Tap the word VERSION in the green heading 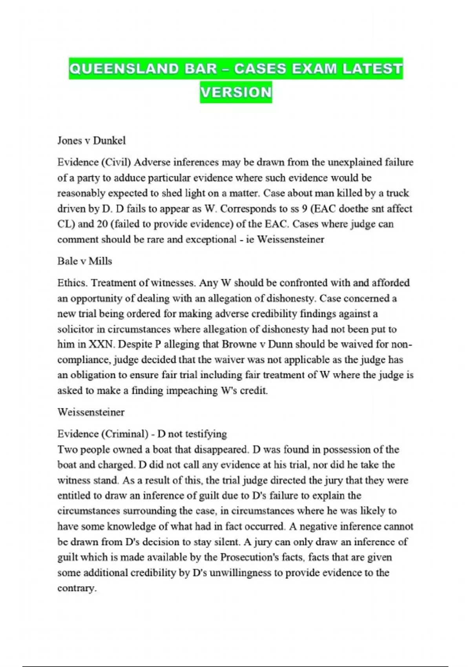coord(236,93)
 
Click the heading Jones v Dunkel coord(91,140)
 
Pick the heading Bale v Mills coord(84,261)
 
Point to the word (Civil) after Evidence coord(117,162)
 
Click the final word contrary coord(77,588)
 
